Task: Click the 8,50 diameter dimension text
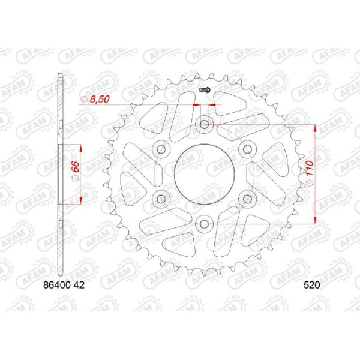[x=100, y=99]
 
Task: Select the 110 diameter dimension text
[x=310, y=168]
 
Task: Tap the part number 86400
[x=57, y=285]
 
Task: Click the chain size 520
[x=311, y=285]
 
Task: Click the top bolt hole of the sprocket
[x=204, y=125]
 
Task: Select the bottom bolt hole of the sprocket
[x=204, y=224]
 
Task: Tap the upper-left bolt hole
[x=161, y=149]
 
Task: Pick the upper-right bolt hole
[x=247, y=149]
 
